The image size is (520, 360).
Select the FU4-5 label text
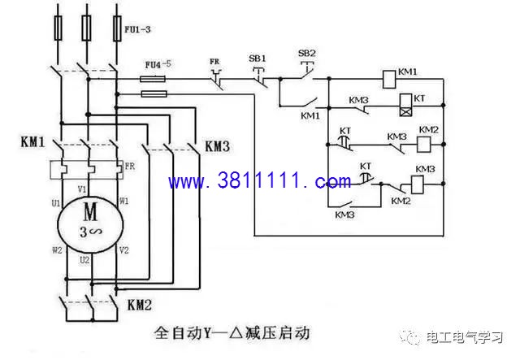point(158,63)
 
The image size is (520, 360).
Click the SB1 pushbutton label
point(257,59)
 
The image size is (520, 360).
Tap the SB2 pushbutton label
point(306,54)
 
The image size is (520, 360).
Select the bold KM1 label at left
point(32,141)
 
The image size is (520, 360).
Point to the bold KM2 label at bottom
point(140,306)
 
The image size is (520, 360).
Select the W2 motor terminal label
point(57,249)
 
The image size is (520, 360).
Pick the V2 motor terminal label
point(123,249)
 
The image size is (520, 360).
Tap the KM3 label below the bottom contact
point(344,215)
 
